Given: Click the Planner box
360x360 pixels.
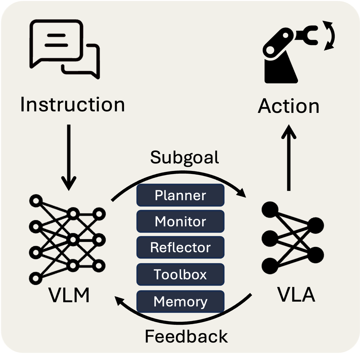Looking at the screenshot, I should tap(180, 195).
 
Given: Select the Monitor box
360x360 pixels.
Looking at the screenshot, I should tap(180, 222).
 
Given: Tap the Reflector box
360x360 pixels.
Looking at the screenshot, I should tap(180, 247).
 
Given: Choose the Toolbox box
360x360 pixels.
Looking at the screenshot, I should tap(180, 274).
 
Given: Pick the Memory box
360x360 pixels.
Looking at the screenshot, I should tap(180, 301).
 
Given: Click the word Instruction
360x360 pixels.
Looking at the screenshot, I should tap(72, 104).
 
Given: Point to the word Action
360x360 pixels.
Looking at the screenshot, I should tap(288, 106).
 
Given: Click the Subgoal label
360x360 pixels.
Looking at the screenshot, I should tap(185, 157).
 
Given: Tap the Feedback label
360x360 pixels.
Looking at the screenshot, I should tap(186, 336).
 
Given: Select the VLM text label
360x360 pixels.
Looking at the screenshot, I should tap(69, 295).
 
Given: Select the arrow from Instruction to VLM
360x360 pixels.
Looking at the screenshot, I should tap(69, 157).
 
